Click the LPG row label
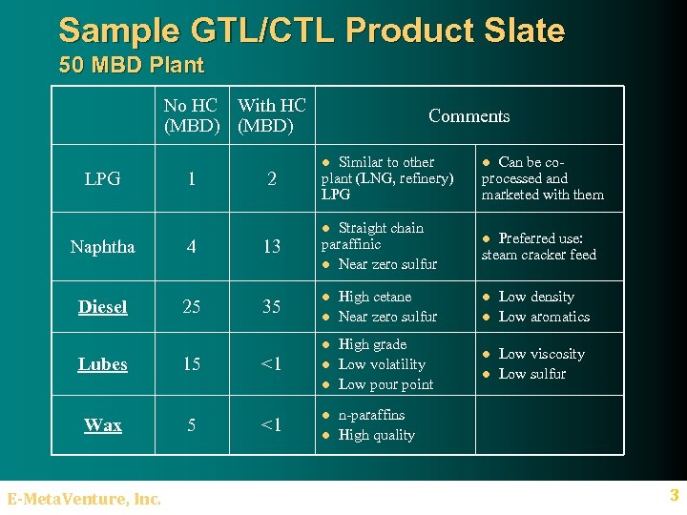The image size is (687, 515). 102,178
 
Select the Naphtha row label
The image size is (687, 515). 102,247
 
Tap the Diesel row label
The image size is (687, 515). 102,307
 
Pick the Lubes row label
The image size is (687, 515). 102,364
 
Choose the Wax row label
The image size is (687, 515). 102,425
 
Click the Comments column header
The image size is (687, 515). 468,116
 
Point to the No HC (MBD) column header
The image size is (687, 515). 191,115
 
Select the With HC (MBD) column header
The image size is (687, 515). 272,115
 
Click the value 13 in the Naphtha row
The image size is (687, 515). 272,247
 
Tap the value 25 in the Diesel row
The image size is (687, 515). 192,307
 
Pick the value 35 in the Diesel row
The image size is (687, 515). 272,307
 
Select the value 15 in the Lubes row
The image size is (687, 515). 192,364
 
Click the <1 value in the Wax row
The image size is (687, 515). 272,425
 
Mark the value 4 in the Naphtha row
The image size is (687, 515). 192,247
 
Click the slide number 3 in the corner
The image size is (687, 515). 674,495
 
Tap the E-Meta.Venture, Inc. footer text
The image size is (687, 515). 84,498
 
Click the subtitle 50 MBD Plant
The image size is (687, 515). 131,66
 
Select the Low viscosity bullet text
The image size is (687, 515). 541,354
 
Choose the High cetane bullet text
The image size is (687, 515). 375,297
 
